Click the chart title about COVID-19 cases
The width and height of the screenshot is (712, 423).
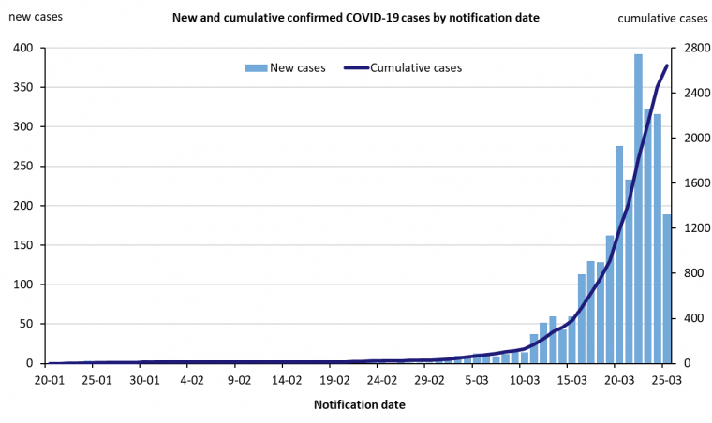coord(356,18)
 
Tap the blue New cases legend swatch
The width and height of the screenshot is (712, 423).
coord(256,67)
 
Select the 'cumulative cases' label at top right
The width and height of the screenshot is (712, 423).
coord(663,18)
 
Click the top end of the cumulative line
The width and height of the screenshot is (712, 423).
coord(667,65)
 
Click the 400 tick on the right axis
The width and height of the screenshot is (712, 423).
coord(690,318)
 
